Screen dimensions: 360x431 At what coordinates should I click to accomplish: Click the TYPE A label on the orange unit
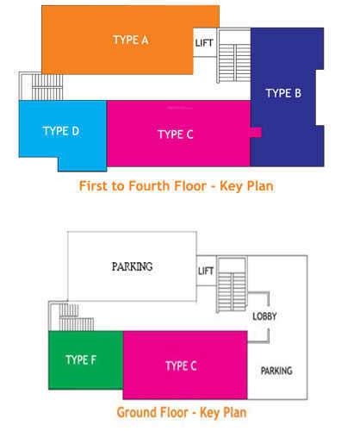pos(131,40)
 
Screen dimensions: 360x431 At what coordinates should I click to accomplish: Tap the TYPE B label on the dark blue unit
pos(283,93)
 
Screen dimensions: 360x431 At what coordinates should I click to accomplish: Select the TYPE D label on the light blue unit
pos(61,131)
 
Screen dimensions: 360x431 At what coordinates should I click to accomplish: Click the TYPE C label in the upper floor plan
pos(176,134)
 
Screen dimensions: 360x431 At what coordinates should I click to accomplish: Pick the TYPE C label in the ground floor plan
pos(181,365)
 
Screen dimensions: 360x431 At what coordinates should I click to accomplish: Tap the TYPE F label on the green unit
pos(81,359)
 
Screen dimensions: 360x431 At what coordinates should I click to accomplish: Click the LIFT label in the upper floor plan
pos(204,43)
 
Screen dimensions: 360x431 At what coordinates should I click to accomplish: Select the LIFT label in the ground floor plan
pos(206,271)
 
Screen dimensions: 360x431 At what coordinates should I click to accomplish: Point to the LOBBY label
pos(264,316)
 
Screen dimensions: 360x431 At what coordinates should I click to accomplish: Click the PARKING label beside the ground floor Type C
pos(276,371)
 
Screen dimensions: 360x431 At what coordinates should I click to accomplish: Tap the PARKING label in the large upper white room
pos(132,266)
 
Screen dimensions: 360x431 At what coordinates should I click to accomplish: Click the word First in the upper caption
pos(94,186)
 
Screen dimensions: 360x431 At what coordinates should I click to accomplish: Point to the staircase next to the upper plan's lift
pos(233,55)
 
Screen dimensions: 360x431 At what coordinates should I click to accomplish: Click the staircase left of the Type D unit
pos(40,86)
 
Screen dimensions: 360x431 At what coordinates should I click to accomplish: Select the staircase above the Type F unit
pos(71,316)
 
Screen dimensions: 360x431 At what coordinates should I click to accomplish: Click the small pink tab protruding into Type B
pos(256,133)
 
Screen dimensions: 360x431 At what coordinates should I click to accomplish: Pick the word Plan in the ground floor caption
pos(235,412)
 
